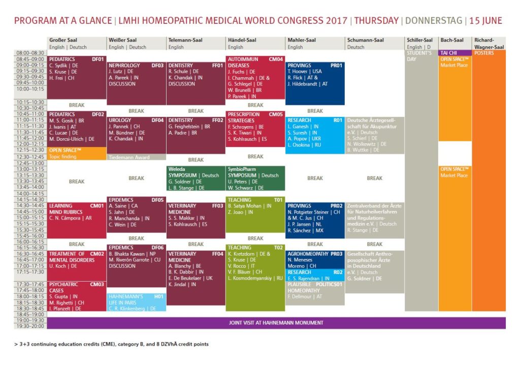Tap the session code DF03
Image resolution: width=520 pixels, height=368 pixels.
(x=157, y=66)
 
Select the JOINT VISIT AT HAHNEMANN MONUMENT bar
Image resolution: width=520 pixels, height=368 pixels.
(x=276, y=323)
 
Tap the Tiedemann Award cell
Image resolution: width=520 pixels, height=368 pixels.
(x=129, y=157)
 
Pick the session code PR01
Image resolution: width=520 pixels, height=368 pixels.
(x=337, y=66)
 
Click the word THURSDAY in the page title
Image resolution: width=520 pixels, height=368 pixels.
(x=376, y=21)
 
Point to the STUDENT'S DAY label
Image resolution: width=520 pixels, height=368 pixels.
(x=419, y=56)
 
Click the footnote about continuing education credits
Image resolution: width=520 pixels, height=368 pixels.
(x=111, y=344)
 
